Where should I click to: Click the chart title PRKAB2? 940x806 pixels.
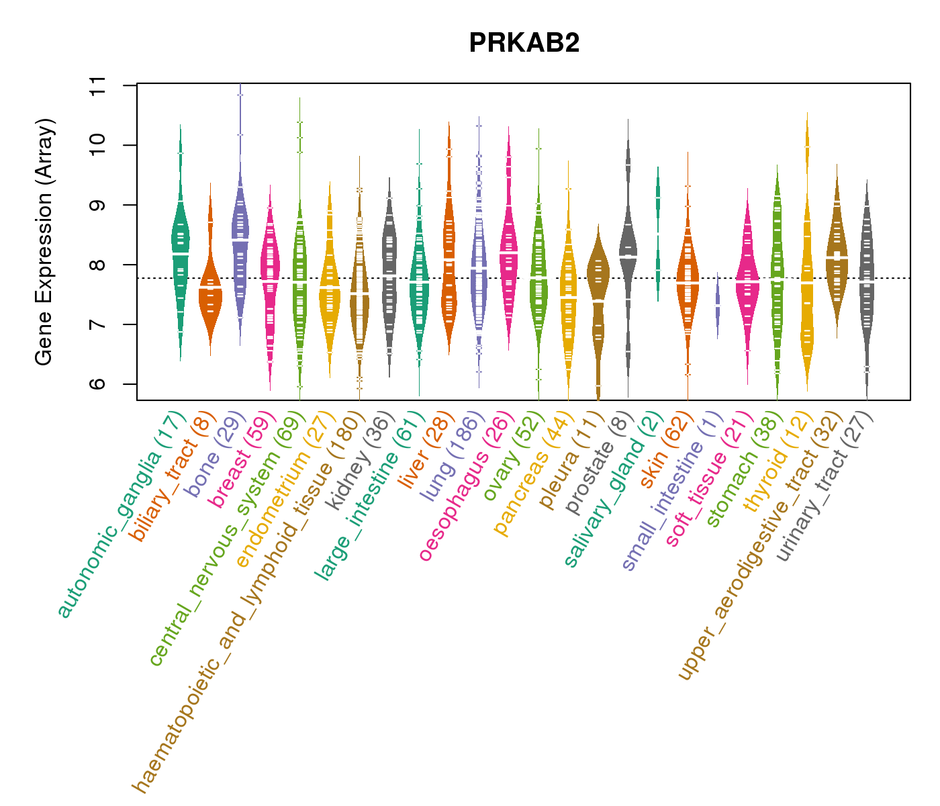pos(524,43)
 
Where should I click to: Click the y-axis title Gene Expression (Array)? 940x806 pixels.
pos(44,242)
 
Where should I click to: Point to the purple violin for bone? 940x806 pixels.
pos(240,242)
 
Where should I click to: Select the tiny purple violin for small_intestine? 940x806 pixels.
pos(717,306)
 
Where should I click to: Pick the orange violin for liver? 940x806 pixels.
pos(449,255)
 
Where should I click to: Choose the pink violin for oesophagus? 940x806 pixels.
pos(509,255)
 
